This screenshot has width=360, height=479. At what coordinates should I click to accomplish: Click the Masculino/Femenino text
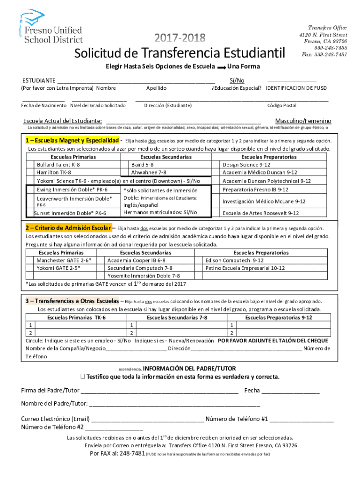[303, 121]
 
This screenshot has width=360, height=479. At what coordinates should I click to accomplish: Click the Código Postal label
[281, 106]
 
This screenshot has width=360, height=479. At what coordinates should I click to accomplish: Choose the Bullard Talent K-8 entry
[58, 165]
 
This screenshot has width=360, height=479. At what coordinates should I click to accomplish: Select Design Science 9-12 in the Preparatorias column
[246, 165]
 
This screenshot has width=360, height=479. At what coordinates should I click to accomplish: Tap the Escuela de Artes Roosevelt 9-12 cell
[260, 213]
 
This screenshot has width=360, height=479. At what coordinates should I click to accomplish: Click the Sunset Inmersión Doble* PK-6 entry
[70, 213]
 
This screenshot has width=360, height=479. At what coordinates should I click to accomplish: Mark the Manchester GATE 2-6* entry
[64, 260]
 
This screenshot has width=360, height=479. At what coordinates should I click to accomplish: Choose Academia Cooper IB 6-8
[136, 260]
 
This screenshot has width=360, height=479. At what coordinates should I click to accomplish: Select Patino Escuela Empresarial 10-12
[245, 268]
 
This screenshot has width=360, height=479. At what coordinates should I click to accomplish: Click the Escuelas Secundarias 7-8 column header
[177, 318]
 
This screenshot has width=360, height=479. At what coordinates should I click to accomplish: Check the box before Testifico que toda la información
[83, 377]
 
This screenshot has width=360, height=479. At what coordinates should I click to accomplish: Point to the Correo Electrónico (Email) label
[55, 419]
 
